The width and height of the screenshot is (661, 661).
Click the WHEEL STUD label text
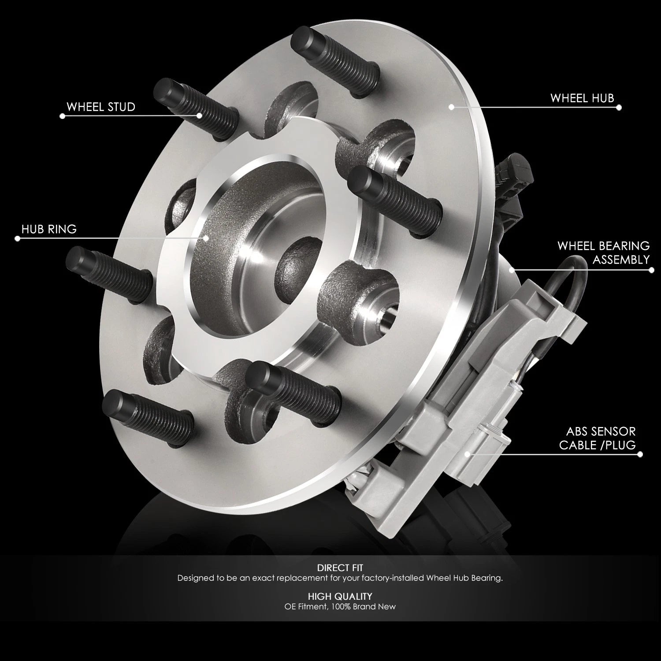[x=101, y=107]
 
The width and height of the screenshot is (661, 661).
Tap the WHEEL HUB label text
[x=582, y=98]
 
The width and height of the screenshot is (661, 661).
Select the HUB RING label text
[x=49, y=229]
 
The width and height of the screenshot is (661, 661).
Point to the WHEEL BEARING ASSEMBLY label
[x=604, y=253]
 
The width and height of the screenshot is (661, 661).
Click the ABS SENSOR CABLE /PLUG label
[x=598, y=438]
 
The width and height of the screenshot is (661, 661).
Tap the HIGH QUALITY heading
[x=340, y=596]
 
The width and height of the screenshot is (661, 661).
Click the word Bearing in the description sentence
[x=485, y=578]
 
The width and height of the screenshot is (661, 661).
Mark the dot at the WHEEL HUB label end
[x=619, y=107]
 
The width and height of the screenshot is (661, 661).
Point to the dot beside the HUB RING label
[x=18, y=238]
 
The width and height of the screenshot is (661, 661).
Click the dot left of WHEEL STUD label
[x=62, y=116]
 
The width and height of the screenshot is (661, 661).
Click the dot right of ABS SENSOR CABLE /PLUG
[x=640, y=454]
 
